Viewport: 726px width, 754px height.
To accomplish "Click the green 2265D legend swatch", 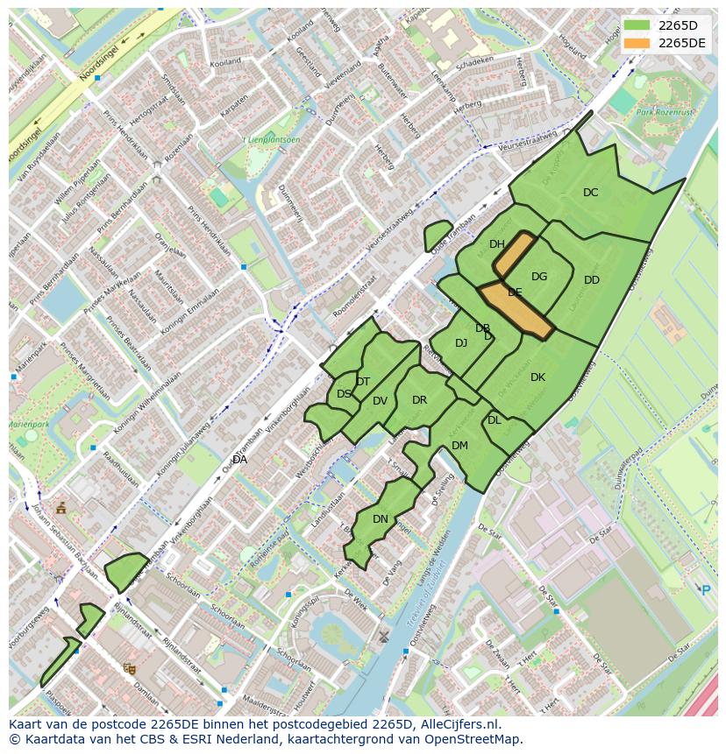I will pyautogui.click(x=637, y=25).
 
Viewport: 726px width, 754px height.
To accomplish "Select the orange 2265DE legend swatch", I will pyautogui.click(x=637, y=43).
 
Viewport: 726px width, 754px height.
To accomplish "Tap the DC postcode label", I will pyautogui.click(x=591, y=193).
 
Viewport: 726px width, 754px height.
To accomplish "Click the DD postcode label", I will pyautogui.click(x=592, y=280).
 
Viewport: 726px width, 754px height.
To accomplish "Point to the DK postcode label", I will pyautogui.click(x=537, y=377).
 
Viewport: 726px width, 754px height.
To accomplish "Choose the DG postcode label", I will pyautogui.click(x=539, y=277).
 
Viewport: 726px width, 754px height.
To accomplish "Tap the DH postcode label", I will pyautogui.click(x=497, y=244).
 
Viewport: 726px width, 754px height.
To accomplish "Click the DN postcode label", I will pyautogui.click(x=381, y=519).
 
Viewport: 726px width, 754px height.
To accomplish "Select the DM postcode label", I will pyautogui.click(x=459, y=446).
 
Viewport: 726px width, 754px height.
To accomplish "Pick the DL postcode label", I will pyautogui.click(x=495, y=420).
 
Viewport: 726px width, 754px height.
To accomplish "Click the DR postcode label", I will pyautogui.click(x=419, y=400).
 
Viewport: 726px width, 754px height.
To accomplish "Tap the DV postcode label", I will pyautogui.click(x=380, y=401).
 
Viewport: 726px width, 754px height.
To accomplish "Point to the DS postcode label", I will pyautogui.click(x=344, y=394).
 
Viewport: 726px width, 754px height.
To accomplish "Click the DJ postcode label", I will pyautogui.click(x=461, y=343).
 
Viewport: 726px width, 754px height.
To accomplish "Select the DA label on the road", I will pyautogui.click(x=239, y=459).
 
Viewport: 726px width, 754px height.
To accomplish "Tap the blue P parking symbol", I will pyautogui.click(x=706, y=590).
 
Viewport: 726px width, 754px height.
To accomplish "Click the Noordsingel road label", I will pyautogui.click(x=97, y=63).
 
